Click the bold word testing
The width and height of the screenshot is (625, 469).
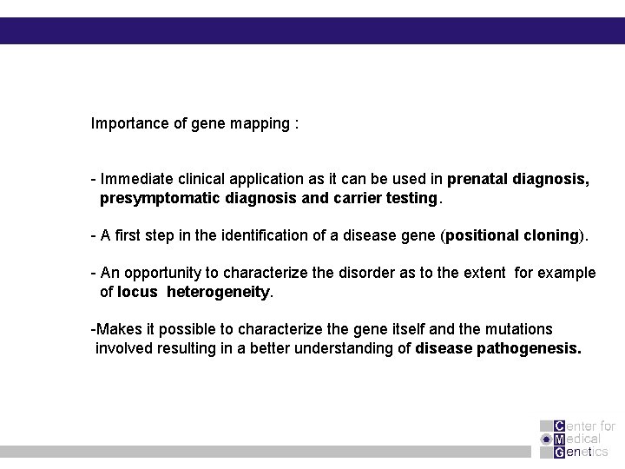(411, 198)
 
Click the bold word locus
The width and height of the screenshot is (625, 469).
(137, 292)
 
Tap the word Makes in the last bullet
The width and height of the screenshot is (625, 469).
(115, 329)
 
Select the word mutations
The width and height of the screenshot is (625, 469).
(520, 329)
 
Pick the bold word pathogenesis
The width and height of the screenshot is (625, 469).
(529, 348)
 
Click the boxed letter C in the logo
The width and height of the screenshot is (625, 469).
(559, 426)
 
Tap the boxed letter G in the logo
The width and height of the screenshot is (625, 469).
(559, 452)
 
